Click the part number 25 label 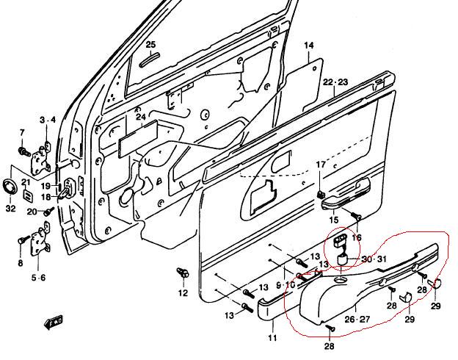(150, 45)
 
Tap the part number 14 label (308, 46)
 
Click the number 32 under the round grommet (10, 209)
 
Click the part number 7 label (22, 133)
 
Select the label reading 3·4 (47, 119)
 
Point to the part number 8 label (20, 263)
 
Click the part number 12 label (183, 293)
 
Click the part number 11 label (272, 338)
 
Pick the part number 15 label (334, 220)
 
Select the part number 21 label (25, 181)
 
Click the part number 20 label (32, 212)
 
